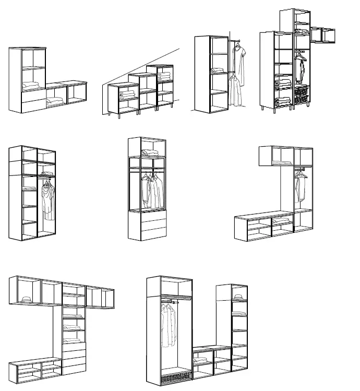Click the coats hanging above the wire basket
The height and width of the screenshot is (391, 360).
pyautogui.click(x=168, y=326)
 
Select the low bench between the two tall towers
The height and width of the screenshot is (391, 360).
pyautogui.click(x=203, y=360)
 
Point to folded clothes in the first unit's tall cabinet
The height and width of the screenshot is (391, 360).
pyautogui.click(x=33, y=86)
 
